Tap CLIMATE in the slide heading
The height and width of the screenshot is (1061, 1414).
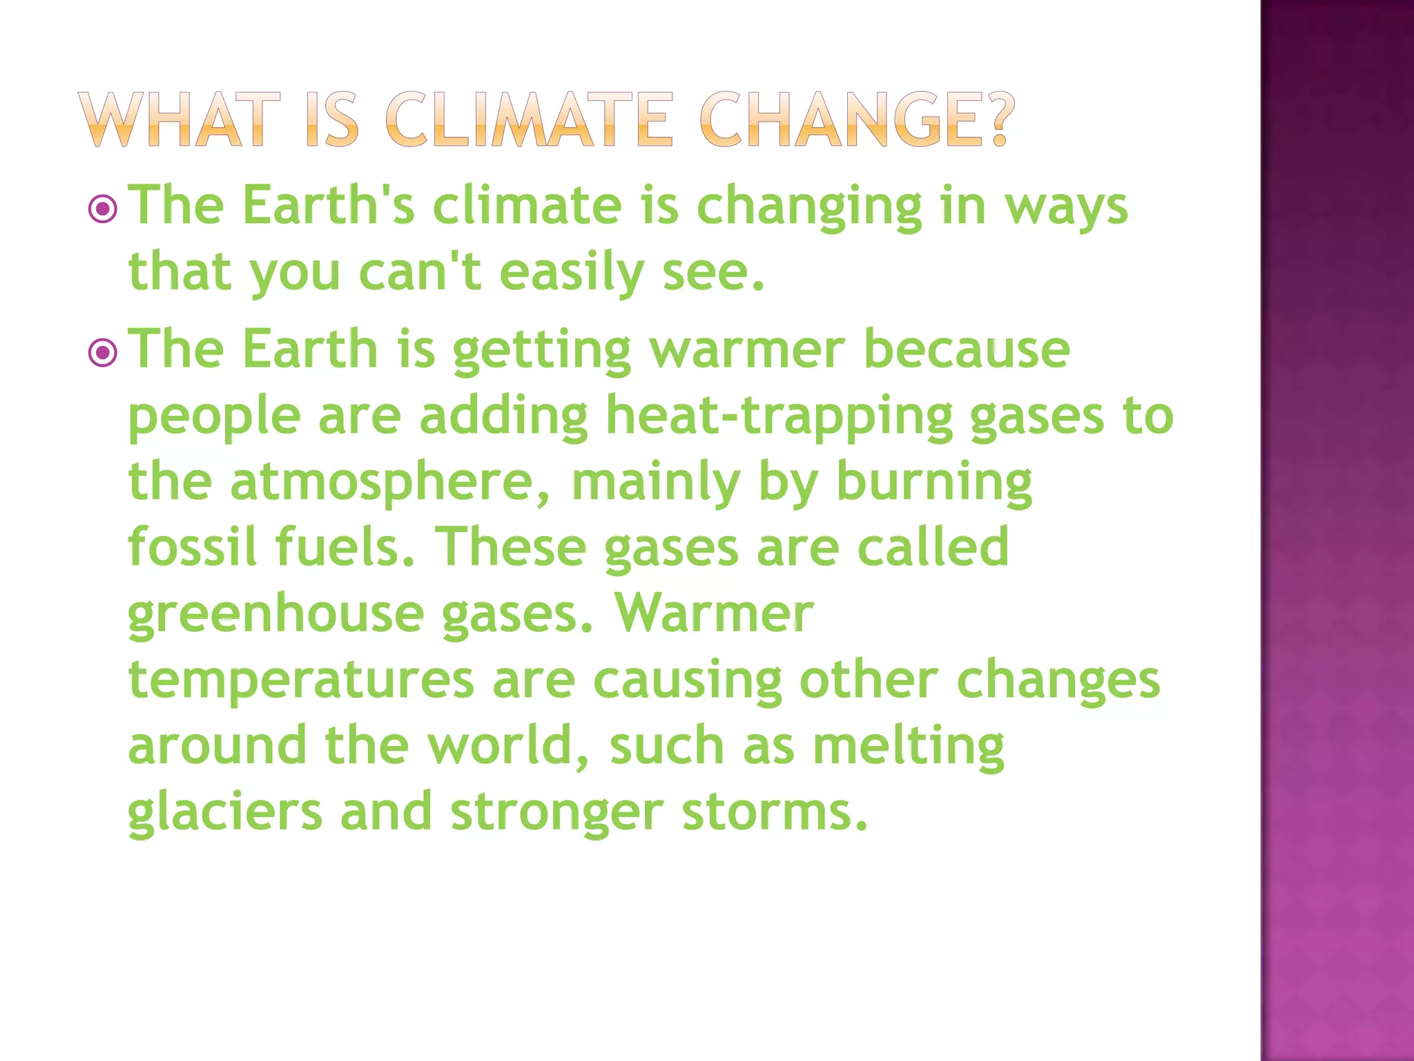click(529, 120)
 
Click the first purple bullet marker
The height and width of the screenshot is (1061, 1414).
click(103, 208)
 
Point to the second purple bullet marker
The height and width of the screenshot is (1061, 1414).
click(103, 353)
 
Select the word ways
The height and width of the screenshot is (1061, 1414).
click(1066, 207)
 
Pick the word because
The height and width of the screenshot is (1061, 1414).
click(967, 349)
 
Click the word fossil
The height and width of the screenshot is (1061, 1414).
click(193, 546)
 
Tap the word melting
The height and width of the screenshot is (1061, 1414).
click(908, 746)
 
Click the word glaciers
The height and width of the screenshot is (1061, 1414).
click(225, 812)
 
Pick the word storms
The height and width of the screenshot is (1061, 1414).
click(774, 812)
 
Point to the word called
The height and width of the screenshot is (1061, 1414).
click(933, 546)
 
